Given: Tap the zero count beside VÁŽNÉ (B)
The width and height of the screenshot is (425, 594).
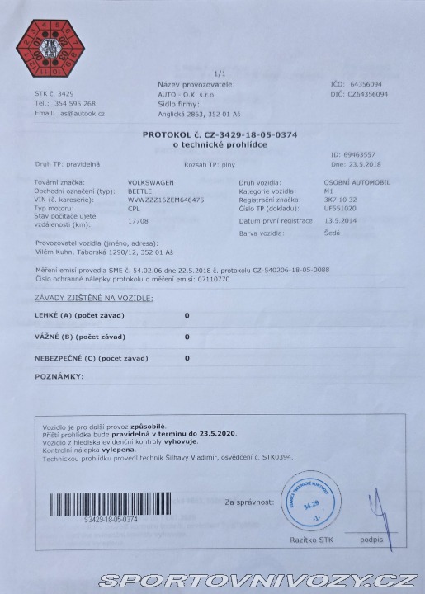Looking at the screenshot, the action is coord(187,337).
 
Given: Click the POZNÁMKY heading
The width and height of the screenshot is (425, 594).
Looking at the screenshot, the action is coord(59,376).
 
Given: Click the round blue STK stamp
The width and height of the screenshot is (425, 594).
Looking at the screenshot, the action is coord(311,501).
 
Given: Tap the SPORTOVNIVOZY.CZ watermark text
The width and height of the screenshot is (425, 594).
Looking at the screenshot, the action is coord(256,580).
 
